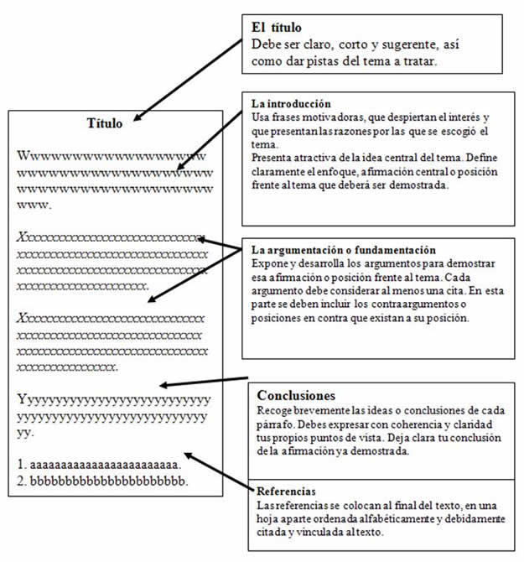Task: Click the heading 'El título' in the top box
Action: (x=278, y=26)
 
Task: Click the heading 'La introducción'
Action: (x=285, y=103)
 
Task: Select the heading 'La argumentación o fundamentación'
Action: (x=344, y=249)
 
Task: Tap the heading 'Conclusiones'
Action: (x=296, y=394)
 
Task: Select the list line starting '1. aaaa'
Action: (x=99, y=464)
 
